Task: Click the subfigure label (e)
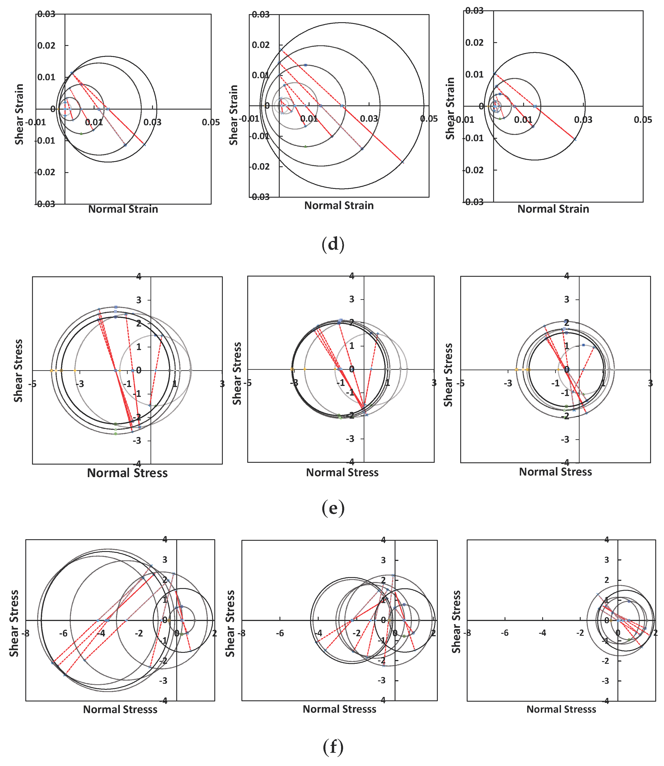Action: click(x=333, y=508)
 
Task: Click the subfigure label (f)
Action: click(x=333, y=747)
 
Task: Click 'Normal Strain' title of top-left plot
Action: click(x=123, y=209)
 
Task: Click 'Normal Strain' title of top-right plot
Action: click(x=553, y=209)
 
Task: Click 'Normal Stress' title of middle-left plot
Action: click(x=127, y=473)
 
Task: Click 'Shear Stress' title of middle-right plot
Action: click(x=448, y=375)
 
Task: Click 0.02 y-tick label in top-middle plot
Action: click(x=260, y=45)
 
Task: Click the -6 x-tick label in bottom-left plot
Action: click(x=63, y=633)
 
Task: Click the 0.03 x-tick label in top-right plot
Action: click(x=583, y=119)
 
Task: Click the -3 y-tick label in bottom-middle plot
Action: click(x=383, y=680)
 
